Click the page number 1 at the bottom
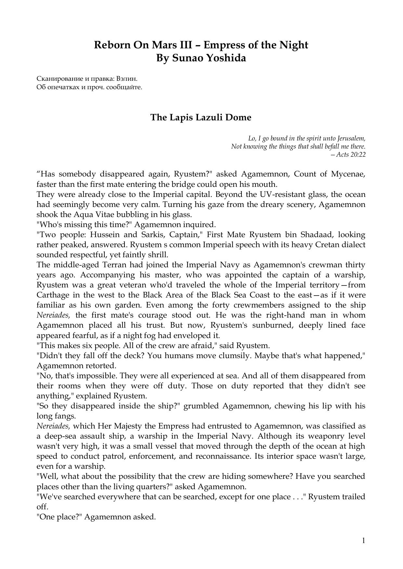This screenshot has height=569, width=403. click(x=364, y=540)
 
